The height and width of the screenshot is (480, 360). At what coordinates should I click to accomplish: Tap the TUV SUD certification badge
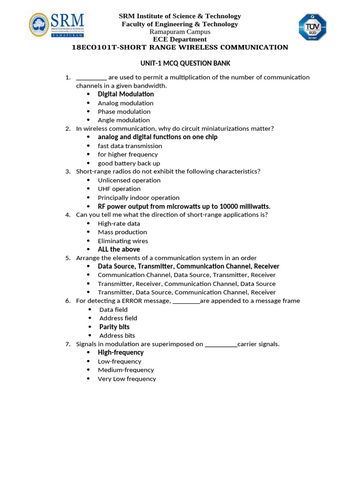click(x=313, y=27)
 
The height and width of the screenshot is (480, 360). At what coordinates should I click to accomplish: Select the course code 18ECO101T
click(x=92, y=47)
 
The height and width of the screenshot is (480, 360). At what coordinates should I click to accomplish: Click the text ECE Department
click(x=180, y=39)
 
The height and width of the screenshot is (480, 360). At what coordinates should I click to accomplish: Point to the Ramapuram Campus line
click(x=180, y=32)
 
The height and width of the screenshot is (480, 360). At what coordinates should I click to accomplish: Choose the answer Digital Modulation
click(x=126, y=94)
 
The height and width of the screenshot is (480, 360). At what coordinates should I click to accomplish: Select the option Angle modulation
click(x=124, y=120)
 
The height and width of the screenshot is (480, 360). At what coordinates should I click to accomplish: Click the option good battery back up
click(x=129, y=163)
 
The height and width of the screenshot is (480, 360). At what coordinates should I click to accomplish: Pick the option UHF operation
click(x=119, y=189)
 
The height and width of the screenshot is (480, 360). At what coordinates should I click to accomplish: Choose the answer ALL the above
click(x=119, y=249)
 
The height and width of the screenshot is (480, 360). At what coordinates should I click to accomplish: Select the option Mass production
click(x=122, y=232)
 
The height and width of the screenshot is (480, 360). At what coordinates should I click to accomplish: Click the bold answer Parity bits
click(x=114, y=327)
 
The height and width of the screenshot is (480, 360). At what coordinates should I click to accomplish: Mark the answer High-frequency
click(x=120, y=352)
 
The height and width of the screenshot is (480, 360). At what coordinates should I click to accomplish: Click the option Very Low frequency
click(x=127, y=379)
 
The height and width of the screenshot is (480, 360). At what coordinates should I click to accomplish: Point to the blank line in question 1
click(x=91, y=78)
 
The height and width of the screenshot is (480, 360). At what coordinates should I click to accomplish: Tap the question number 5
click(x=67, y=258)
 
